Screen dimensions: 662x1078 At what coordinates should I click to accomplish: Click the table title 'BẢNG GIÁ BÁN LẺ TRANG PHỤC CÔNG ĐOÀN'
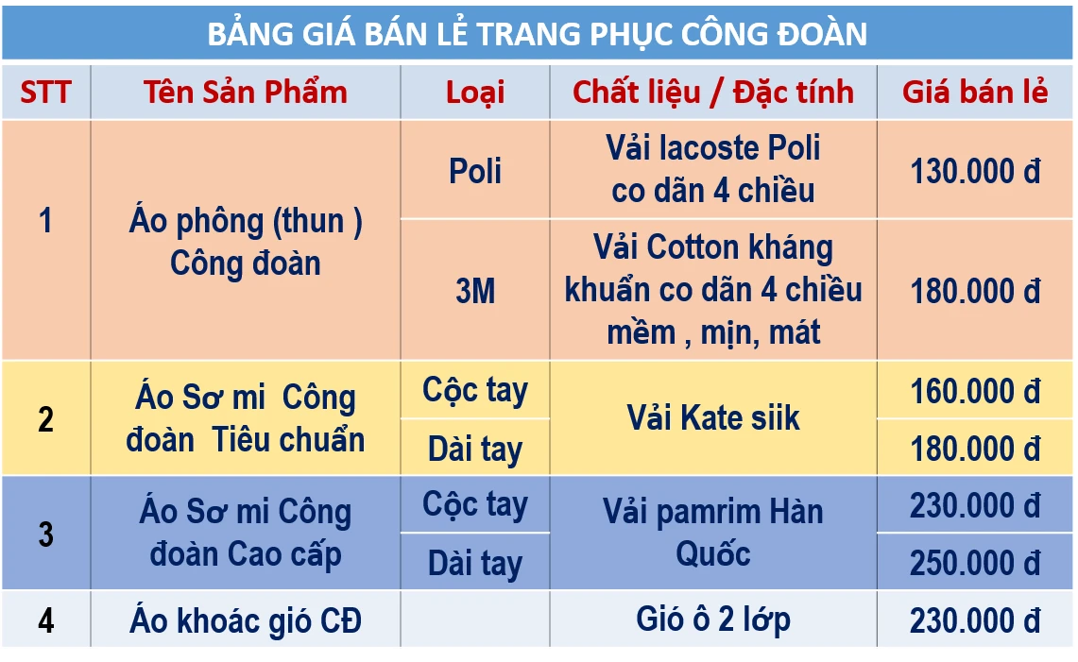pyautogui.click(x=537, y=34)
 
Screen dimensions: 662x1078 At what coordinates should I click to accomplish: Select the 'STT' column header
pyautogui.click(x=45, y=92)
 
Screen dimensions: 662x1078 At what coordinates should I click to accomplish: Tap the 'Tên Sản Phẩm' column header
pyautogui.click(x=246, y=92)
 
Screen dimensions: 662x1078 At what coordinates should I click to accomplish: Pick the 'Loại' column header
pyautogui.click(x=475, y=92)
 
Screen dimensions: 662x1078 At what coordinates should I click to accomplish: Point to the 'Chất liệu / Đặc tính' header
pyautogui.click(x=713, y=92)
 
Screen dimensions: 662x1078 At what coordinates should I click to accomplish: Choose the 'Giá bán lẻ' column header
pyautogui.click(x=975, y=92)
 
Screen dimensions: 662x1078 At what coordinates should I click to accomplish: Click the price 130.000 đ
pyautogui.click(x=975, y=171)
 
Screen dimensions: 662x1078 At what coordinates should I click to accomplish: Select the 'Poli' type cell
pyautogui.click(x=475, y=171)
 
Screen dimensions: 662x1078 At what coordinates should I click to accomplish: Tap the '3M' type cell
pyautogui.click(x=475, y=291)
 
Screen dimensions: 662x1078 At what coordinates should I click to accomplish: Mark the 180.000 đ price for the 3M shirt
pyautogui.click(x=975, y=291)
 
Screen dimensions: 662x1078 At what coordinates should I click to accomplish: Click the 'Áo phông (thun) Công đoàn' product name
pyautogui.click(x=246, y=242)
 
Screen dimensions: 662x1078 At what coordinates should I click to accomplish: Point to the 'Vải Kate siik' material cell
pyautogui.click(x=713, y=417)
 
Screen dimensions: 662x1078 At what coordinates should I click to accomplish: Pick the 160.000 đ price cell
pyautogui.click(x=975, y=390)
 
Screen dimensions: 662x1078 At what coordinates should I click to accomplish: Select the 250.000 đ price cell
pyautogui.click(x=975, y=563)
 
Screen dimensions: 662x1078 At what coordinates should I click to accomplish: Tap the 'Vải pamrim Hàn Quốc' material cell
pyautogui.click(x=713, y=533)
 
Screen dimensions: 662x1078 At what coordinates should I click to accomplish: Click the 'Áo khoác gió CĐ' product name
pyautogui.click(x=246, y=620)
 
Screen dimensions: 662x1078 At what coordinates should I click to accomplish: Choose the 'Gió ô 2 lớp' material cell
pyautogui.click(x=713, y=620)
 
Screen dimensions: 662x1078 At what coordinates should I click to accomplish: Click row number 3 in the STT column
pyautogui.click(x=45, y=534)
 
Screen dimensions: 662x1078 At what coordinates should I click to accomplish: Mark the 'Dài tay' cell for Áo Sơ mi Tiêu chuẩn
pyautogui.click(x=475, y=449)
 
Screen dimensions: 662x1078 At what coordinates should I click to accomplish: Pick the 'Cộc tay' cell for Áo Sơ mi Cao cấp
pyautogui.click(x=475, y=504)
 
